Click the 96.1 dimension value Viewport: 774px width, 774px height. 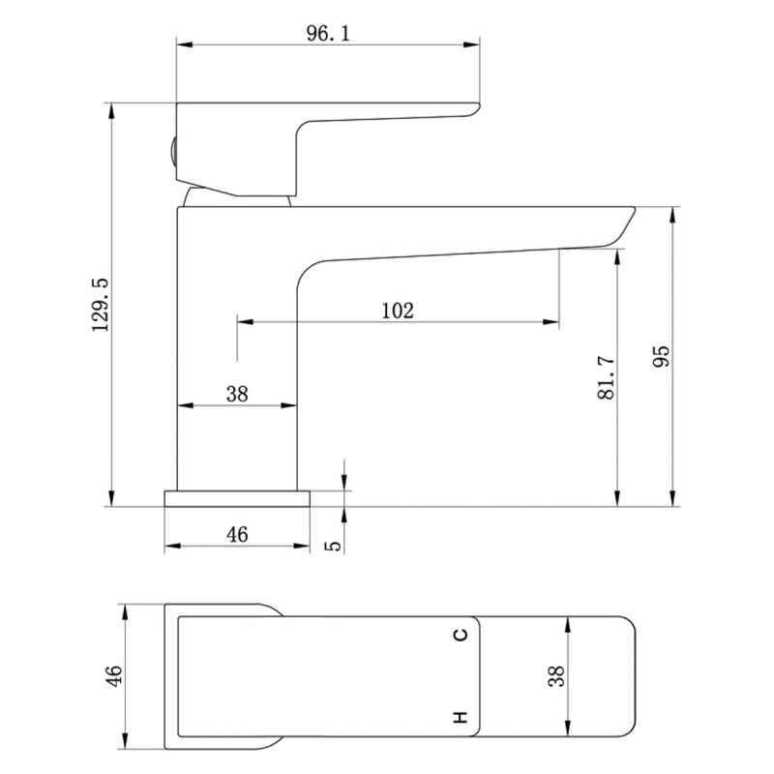[x=328, y=34]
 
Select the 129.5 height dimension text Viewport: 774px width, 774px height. [x=101, y=305]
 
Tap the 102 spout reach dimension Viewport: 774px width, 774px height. [x=398, y=311]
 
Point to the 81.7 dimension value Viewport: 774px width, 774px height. [x=607, y=377]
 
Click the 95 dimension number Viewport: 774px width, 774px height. [x=661, y=355]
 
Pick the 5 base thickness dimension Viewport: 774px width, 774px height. [x=334, y=546]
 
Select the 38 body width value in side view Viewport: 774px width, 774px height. [x=237, y=394]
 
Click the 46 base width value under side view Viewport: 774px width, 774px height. [x=237, y=534]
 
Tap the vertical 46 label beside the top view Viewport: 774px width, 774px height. [x=113, y=675]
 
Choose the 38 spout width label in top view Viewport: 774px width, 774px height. [x=556, y=675]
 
